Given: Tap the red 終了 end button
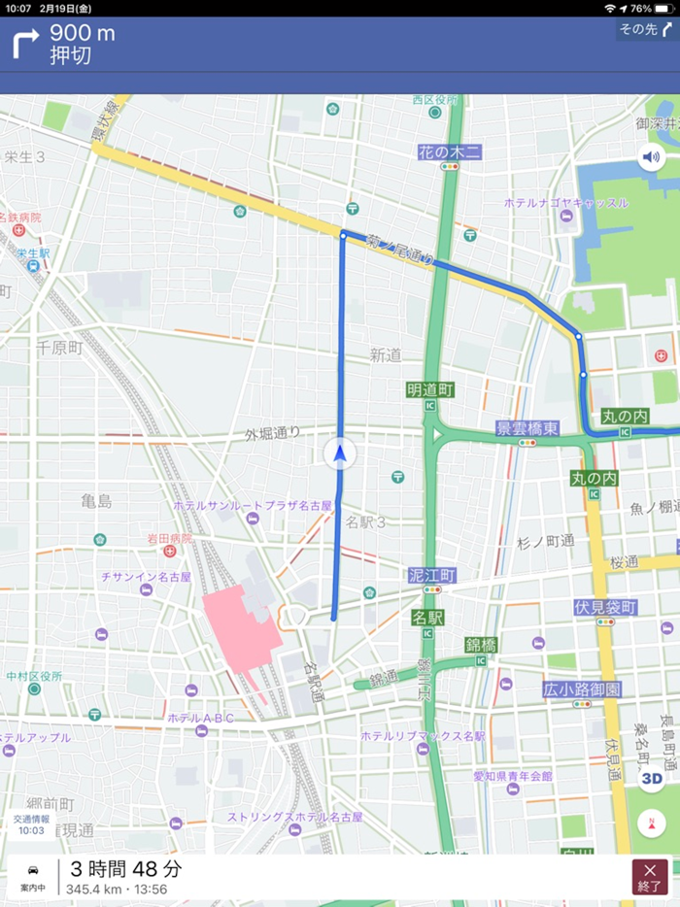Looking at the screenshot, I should pyautogui.click(x=650, y=876).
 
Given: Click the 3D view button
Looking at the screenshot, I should pyautogui.click(x=651, y=777).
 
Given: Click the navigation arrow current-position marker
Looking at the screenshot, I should pyautogui.click(x=340, y=453).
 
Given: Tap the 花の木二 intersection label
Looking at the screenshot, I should pyautogui.click(x=449, y=151).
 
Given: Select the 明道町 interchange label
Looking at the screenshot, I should pyautogui.click(x=430, y=390).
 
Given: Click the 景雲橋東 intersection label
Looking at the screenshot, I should pyautogui.click(x=527, y=428).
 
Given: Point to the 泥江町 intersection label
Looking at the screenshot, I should pyautogui.click(x=432, y=576).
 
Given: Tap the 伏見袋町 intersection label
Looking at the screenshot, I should pyautogui.click(x=605, y=608).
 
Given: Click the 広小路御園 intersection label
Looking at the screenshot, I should pyautogui.click(x=582, y=689).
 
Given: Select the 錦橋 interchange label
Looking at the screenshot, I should pyautogui.click(x=481, y=645).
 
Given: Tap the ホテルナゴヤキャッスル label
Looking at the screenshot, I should pyautogui.click(x=565, y=203).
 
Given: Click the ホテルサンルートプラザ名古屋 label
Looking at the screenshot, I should pyautogui.click(x=253, y=506).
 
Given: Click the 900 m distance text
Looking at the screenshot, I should pyautogui.click(x=83, y=34).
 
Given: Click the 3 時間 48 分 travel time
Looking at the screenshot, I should pyautogui.click(x=125, y=869).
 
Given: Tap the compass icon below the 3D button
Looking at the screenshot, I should pyautogui.click(x=651, y=823).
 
